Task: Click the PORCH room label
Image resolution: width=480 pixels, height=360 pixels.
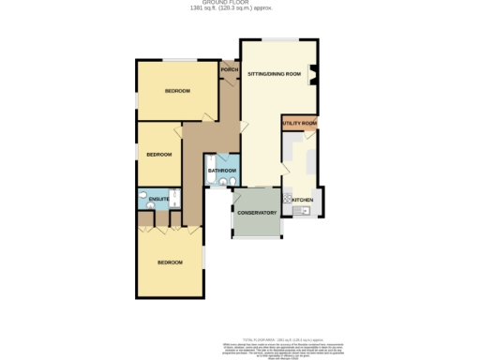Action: (228, 70)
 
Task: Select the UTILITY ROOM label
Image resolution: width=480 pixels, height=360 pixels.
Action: (299, 124)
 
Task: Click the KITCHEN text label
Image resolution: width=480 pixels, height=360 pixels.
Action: (302, 200)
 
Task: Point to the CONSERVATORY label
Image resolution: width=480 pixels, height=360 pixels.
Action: (256, 214)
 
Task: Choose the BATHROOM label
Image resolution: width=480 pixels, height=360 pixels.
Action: (221, 171)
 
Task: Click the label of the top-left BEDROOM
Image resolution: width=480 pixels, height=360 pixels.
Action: (177, 91)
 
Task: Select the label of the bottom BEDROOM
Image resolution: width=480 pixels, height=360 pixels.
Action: (170, 262)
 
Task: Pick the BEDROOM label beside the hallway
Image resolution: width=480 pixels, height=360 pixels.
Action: (158, 155)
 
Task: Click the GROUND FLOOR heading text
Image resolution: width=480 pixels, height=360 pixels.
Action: (240, 4)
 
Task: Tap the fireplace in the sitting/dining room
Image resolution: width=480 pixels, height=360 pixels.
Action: (314, 76)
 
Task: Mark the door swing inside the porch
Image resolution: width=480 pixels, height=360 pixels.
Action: (227, 82)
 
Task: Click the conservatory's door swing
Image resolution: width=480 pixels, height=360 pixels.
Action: (238, 196)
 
